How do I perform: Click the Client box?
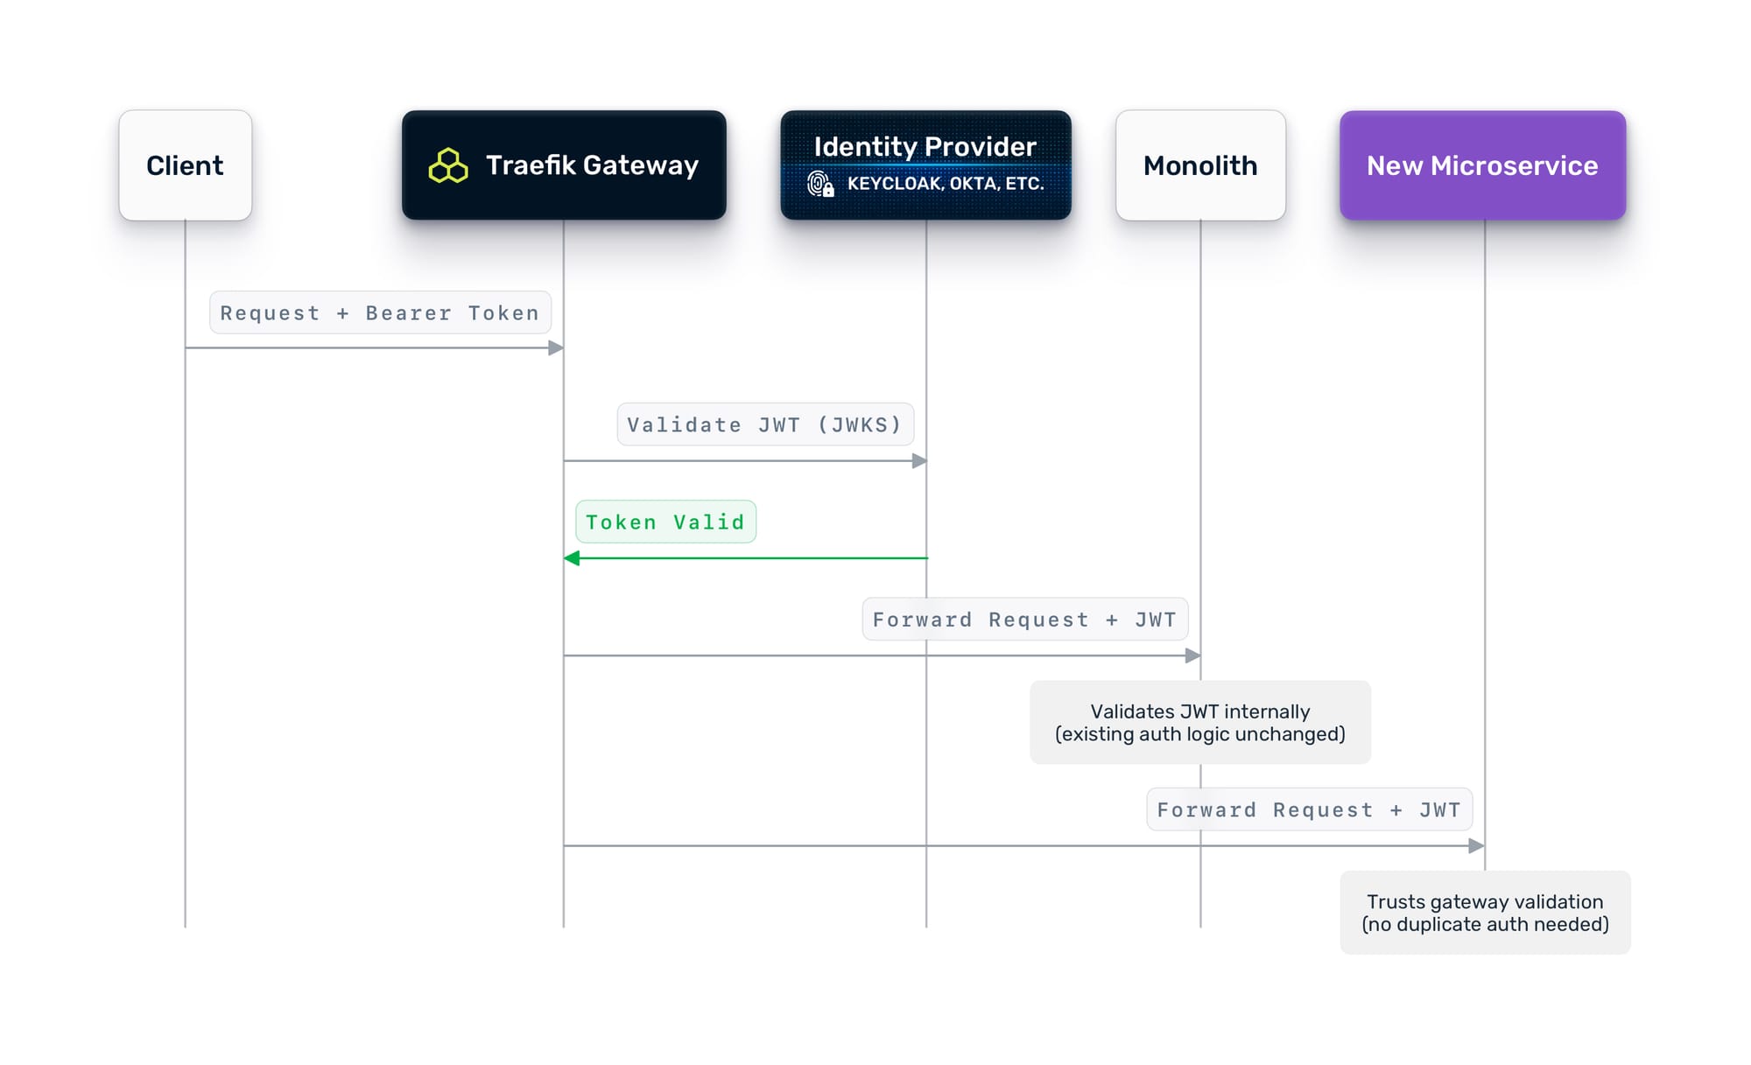(185, 165)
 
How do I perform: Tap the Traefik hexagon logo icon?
(448, 165)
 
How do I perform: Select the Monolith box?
(1200, 165)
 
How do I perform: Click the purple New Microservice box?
(1482, 165)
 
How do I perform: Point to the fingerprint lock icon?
(820, 184)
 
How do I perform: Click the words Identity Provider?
(925, 146)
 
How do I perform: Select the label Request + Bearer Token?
(380, 312)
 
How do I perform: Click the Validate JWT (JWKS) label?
(765, 424)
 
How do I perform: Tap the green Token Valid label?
(665, 522)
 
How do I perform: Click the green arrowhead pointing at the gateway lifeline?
(572, 557)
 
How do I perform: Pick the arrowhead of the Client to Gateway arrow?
(556, 347)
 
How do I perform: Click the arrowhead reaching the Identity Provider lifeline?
(919, 460)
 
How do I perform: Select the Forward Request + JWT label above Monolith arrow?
(1024, 620)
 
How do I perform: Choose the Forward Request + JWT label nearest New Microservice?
(1309, 809)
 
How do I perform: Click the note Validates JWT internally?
(1199, 722)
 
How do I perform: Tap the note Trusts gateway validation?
(1485, 912)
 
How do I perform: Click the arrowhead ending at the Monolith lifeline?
(1192, 655)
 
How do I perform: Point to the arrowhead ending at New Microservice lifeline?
(1476, 845)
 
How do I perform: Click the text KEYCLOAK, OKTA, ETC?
(946, 184)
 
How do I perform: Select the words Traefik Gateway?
(592, 165)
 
